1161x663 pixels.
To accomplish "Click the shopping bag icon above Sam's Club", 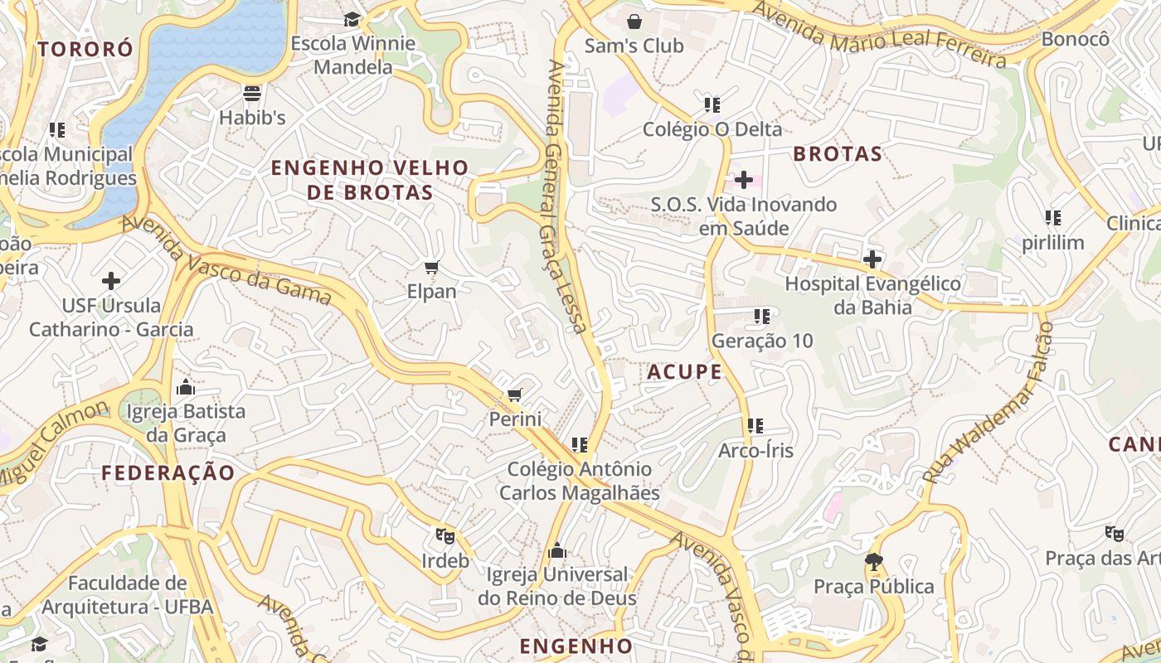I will (634, 21).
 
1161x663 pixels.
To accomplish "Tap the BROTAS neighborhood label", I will (838, 154).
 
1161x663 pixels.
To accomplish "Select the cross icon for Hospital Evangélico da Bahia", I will (872, 259).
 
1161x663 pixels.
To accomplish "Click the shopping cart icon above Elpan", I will (431, 267).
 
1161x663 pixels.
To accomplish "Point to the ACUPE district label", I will (684, 372).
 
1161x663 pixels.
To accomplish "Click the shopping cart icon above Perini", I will (515, 394).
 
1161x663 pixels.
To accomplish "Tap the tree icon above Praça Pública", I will (873, 562).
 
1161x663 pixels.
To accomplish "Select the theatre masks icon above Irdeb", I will (445, 536).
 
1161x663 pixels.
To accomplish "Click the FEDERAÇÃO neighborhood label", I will (168, 473).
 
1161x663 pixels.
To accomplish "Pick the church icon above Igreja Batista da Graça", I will (186, 387).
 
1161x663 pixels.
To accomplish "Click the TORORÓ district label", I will (85, 49).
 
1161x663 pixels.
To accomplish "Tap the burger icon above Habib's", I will (252, 93).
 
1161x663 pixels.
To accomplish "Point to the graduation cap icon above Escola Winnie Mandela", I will (352, 19).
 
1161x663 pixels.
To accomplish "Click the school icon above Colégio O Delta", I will (712, 104).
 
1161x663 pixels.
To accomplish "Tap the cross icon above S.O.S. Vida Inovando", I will (744, 179).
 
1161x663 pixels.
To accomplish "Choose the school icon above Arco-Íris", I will (755, 426).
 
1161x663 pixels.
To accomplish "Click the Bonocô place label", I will (1075, 39).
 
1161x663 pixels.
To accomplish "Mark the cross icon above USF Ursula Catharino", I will (110, 281).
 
